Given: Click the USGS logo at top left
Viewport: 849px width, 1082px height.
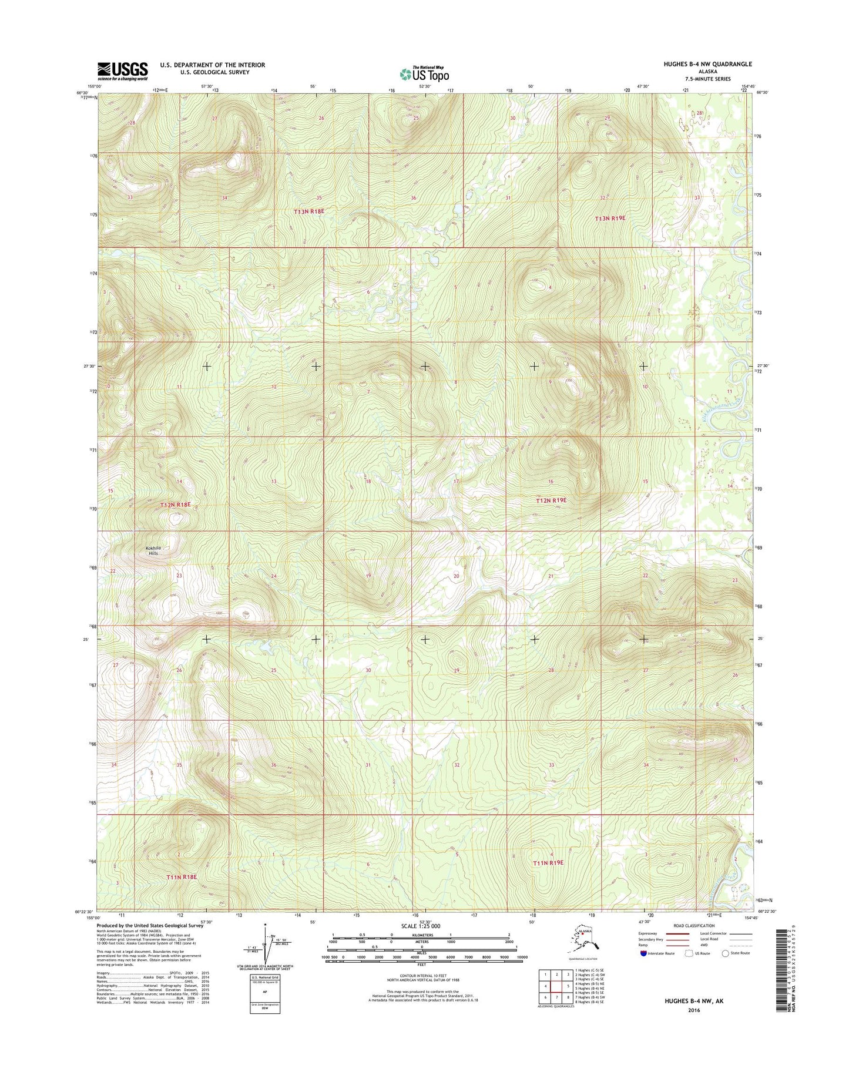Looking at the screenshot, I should click(x=122, y=70).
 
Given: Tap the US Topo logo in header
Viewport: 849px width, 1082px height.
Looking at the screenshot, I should click(x=424, y=73).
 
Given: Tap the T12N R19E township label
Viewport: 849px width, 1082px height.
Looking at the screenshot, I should click(x=551, y=500).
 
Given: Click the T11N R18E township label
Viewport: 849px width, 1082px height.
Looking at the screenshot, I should click(x=181, y=877).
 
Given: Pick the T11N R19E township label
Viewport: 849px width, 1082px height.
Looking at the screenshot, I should click(x=548, y=862).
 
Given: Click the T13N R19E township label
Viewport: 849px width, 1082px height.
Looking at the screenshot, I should click(x=610, y=218).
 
